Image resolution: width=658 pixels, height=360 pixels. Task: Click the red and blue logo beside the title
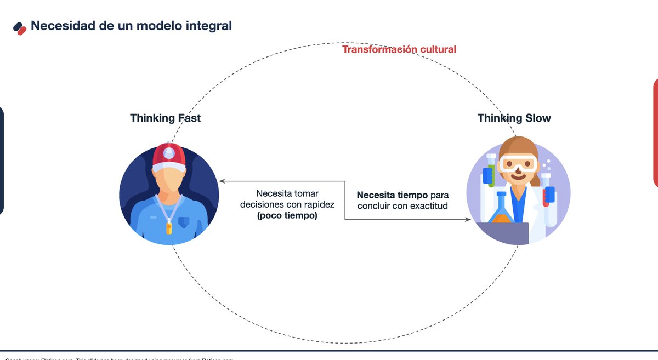20,27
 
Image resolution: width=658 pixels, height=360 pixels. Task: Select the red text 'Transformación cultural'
399,49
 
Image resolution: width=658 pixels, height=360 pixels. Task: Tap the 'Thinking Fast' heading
165,118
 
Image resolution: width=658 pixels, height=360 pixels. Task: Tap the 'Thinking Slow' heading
514,118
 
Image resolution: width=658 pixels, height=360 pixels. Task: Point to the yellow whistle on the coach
169,227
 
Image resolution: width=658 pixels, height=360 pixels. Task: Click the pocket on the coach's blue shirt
183,222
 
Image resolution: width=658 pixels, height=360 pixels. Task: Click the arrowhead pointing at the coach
221,181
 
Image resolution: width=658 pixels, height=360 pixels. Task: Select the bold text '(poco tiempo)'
287,216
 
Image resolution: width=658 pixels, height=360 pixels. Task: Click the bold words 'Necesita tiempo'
392,195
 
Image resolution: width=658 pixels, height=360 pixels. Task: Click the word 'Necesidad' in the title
64,25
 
